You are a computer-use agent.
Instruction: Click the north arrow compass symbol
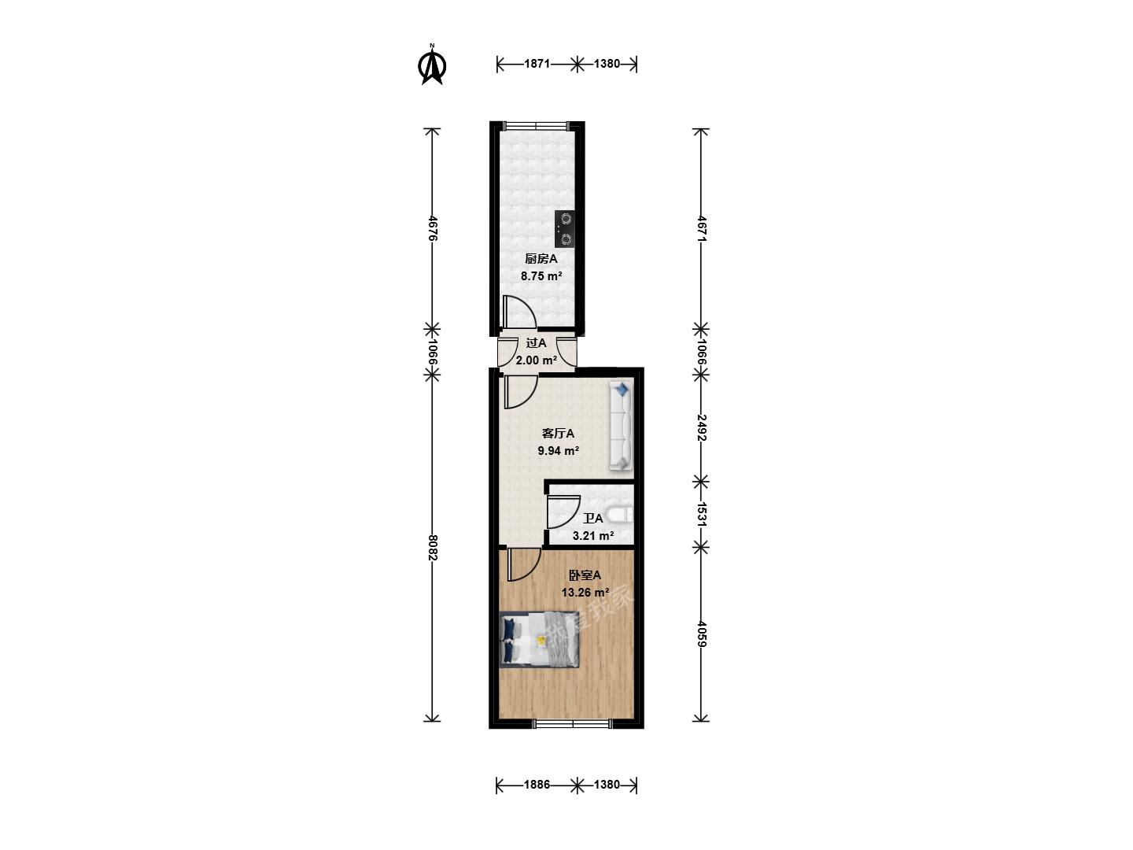[x=432, y=65]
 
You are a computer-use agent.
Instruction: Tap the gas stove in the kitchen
[x=565, y=228]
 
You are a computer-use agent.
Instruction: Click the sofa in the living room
[x=621, y=426]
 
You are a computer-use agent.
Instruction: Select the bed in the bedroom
[x=539, y=640]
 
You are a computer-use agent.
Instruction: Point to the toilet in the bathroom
[x=619, y=515]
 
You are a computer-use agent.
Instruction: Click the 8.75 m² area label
[x=541, y=276]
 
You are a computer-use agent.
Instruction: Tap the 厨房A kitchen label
[x=541, y=259]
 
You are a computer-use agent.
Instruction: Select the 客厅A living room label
[x=558, y=434]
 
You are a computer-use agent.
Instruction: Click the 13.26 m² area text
[x=585, y=593]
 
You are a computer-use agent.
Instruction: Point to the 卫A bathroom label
[x=593, y=519]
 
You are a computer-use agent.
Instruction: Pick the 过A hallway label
[x=536, y=343]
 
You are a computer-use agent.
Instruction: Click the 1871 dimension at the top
[x=537, y=64]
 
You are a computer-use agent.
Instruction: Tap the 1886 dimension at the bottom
[x=537, y=785]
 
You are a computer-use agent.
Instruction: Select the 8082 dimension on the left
[x=433, y=548]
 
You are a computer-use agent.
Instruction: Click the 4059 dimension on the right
[x=701, y=634]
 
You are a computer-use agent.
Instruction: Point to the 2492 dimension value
[x=701, y=427]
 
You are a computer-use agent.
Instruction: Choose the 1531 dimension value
[x=701, y=514]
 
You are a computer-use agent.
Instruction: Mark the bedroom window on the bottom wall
[x=573, y=725]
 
